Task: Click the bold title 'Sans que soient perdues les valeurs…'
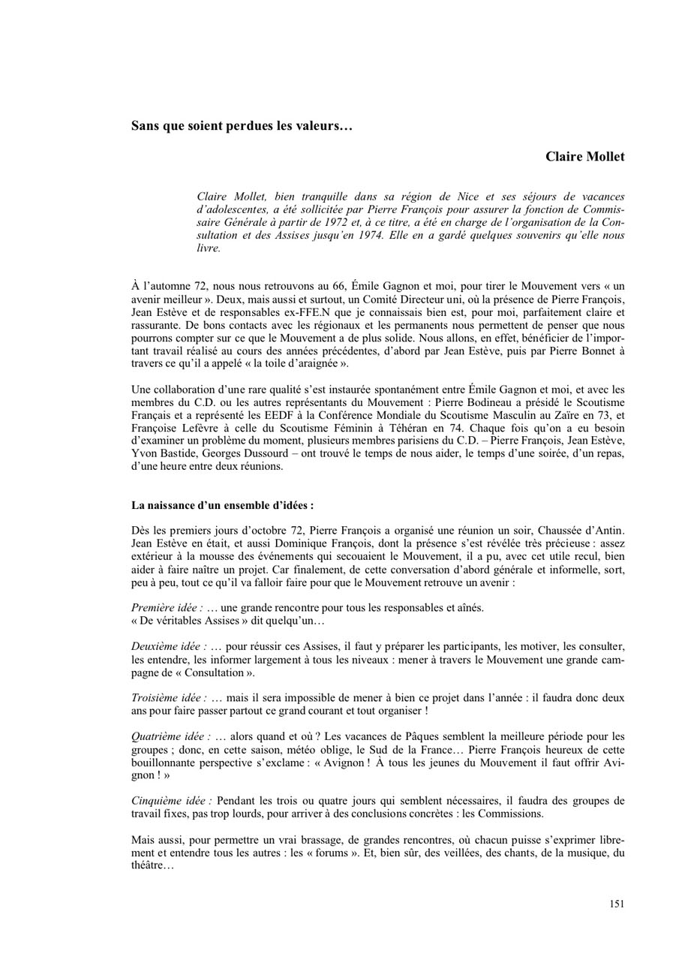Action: click(x=242, y=125)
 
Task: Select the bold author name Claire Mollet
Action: click(x=584, y=157)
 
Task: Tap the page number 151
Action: click(x=617, y=904)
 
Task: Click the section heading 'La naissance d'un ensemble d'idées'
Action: click(x=222, y=505)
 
